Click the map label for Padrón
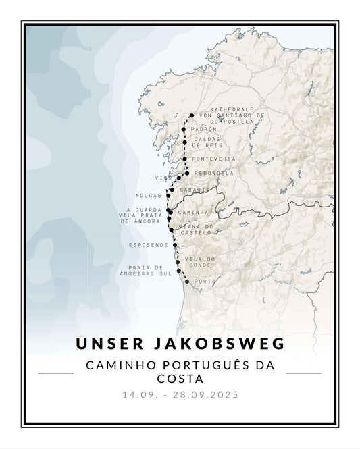[x=204, y=129]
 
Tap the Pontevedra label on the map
[x=214, y=159]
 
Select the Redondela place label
[x=214, y=173]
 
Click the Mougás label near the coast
[x=149, y=195]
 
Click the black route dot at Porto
[x=187, y=282]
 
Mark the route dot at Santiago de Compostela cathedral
[x=192, y=115]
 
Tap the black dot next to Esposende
[x=175, y=246]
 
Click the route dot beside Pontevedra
[x=184, y=159]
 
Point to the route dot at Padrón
[x=184, y=129]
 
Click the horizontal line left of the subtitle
[x=55, y=372]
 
